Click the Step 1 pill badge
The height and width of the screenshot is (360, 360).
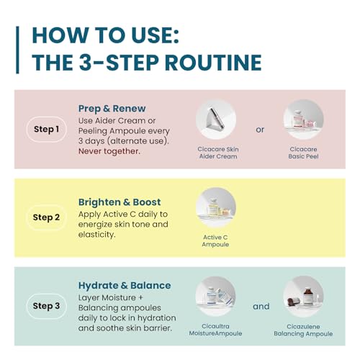tap(47, 130)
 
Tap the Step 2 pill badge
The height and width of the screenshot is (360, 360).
tap(47, 217)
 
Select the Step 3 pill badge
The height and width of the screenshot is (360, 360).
tap(47, 306)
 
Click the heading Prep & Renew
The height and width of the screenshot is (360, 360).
tap(112, 109)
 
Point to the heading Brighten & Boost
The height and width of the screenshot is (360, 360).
tap(120, 202)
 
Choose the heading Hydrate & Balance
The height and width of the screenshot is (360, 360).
tap(125, 285)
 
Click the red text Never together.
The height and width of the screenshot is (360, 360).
tap(109, 151)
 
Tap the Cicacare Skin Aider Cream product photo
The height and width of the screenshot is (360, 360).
tap(216, 120)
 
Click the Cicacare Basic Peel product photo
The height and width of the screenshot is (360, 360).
tap(303, 120)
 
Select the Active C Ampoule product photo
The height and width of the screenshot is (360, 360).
tap(216, 207)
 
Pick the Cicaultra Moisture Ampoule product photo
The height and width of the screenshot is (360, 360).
tap(215, 297)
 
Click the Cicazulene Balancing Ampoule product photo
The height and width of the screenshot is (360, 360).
tap(303, 297)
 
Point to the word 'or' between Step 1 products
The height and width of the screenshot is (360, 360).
tap(260, 130)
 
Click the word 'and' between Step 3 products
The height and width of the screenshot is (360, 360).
tap(261, 307)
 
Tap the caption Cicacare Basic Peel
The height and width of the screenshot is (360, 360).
tap(303, 153)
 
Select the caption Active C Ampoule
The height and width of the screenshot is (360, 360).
tap(215, 240)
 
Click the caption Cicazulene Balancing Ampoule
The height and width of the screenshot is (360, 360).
tap(303, 330)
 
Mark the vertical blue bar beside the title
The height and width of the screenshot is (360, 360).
tap(17, 50)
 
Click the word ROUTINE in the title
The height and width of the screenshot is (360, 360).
tap(213, 63)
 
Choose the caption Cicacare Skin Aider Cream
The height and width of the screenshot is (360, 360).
tap(218, 153)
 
